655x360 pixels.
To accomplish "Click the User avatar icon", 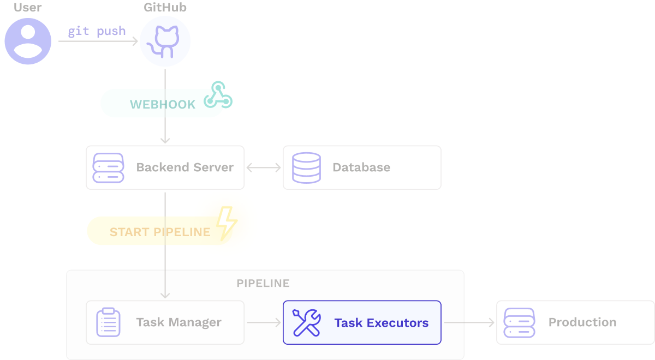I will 28,41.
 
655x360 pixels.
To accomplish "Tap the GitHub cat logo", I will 165,41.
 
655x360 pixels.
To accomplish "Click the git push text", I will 97,31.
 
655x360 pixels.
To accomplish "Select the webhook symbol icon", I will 218,95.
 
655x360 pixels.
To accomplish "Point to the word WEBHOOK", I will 163,105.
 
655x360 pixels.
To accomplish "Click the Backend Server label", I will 185,167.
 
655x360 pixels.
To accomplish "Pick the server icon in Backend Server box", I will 109,167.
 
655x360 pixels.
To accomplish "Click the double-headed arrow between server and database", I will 264,167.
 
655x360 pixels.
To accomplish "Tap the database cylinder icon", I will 306,167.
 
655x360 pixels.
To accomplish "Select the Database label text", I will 361,167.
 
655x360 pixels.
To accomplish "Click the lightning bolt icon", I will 226,223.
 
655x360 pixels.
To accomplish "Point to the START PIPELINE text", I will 160,232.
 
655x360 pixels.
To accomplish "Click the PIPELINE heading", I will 263,284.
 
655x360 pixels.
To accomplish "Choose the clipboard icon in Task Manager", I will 108,322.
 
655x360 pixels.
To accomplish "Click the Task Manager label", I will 179,322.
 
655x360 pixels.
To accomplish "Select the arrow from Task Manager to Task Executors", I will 264,322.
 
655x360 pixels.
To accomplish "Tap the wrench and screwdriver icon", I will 306,322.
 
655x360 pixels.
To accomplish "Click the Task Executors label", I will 382,323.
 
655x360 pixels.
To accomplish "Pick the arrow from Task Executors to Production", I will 469,322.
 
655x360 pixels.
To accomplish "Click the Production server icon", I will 519,322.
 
